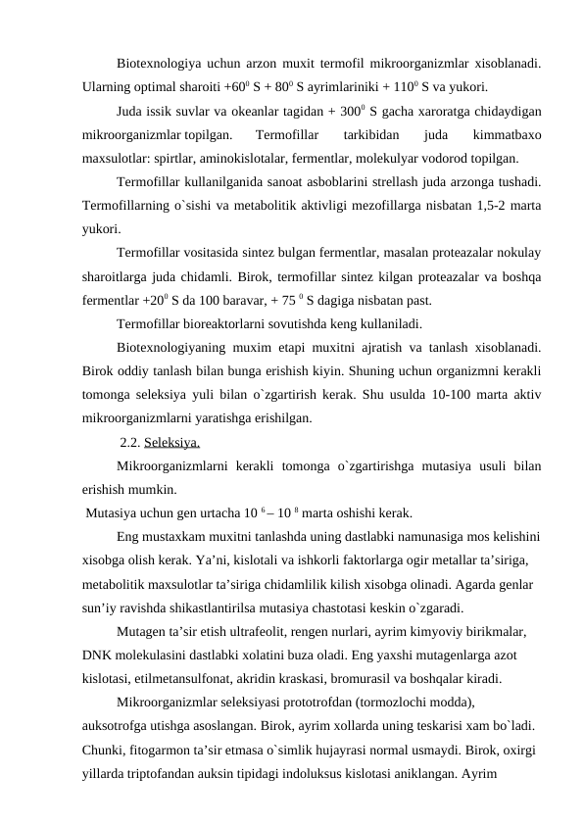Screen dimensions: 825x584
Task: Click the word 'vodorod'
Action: click(x=413, y=156)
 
